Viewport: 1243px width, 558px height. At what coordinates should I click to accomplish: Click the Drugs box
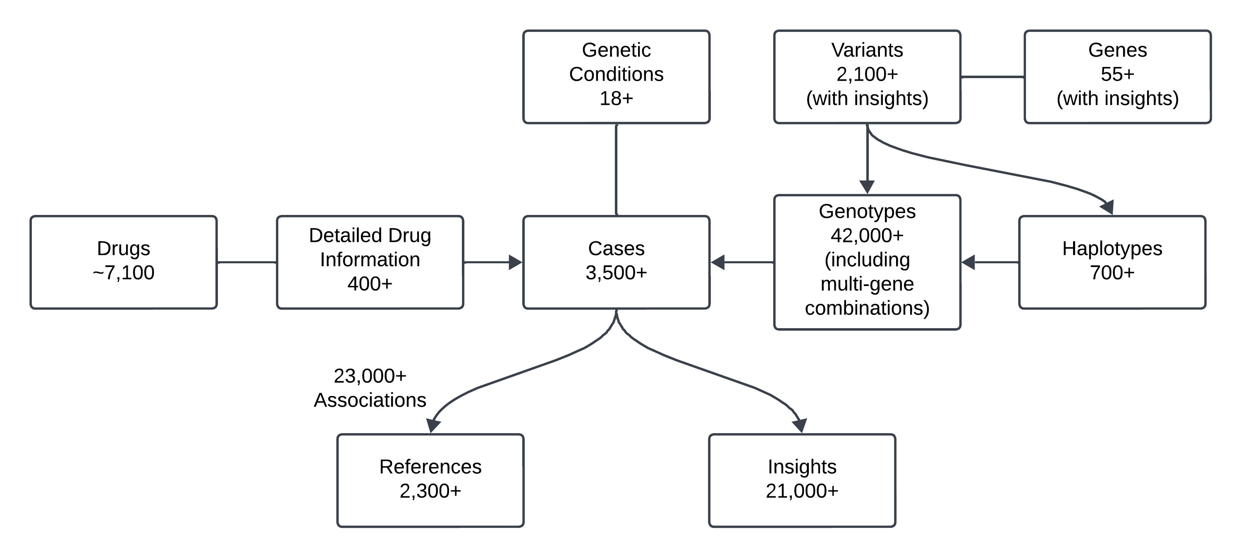pyautogui.click(x=124, y=262)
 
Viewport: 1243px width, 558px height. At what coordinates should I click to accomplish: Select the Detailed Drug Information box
pyautogui.click(x=370, y=262)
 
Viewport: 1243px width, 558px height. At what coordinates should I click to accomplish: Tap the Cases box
pyautogui.click(x=616, y=262)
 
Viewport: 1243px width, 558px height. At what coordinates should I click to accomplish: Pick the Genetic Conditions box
pyautogui.click(x=616, y=77)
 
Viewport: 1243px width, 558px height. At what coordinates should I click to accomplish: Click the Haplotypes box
pyautogui.click(x=1112, y=262)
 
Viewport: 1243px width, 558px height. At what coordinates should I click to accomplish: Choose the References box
pyautogui.click(x=430, y=480)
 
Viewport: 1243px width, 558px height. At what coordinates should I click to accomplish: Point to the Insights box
pyautogui.click(x=801, y=480)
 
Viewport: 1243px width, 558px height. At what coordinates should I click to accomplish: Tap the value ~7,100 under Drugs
pyautogui.click(x=124, y=273)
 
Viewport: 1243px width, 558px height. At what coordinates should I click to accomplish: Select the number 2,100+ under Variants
pyautogui.click(x=867, y=74)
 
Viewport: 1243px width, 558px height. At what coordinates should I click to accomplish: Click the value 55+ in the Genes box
pyautogui.click(x=1118, y=74)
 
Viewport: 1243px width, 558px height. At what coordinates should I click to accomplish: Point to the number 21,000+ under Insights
pyautogui.click(x=801, y=491)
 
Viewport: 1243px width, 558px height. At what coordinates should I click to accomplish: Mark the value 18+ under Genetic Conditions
pyautogui.click(x=616, y=99)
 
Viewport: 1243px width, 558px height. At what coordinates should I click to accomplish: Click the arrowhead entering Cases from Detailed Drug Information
pyautogui.click(x=516, y=262)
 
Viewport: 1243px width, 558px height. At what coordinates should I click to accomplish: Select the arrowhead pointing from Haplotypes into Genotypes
pyautogui.click(x=968, y=262)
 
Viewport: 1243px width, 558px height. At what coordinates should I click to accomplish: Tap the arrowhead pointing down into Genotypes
pyautogui.click(x=867, y=187)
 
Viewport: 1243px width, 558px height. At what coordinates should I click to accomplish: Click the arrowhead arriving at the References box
pyautogui.click(x=433, y=426)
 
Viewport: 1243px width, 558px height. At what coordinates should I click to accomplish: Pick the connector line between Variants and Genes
pyautogui.click(x=992, y=77)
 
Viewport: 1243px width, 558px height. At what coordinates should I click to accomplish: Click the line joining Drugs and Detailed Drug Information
pyautogui.click(x=246, y=262)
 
